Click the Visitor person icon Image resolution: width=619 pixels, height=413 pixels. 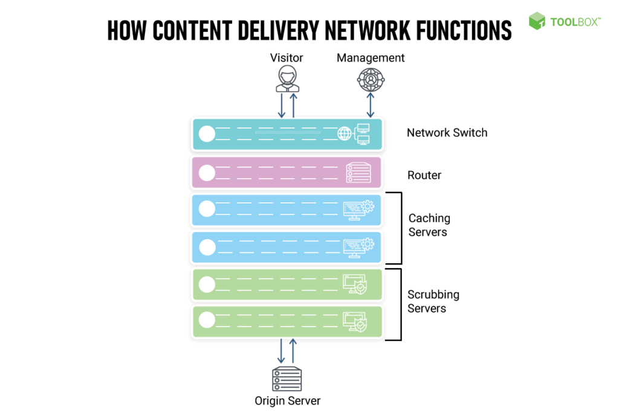click(x=287, y=79)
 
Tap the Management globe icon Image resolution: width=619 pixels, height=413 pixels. click(x=370, y=79)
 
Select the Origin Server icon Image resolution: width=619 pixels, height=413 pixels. click(x=287, y=379)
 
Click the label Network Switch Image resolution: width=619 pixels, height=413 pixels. click(x=447, y=133)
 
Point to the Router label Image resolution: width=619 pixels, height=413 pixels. click(x=424, y=175)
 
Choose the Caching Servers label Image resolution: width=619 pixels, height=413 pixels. click(x=429, y=225)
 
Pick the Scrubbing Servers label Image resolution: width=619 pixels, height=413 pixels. click(x=433, y=301)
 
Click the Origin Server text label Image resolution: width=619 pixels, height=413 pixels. click(x=287, y=400)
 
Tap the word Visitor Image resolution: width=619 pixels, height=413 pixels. click(x=287, y=58)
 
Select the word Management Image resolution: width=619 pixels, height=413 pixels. click(x=371, y=58)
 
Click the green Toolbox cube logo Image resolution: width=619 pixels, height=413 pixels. click(x=537, y=21)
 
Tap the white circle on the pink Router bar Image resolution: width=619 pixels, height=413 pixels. click(x=207, y=173)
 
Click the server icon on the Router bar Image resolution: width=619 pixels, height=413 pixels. click(x=357, y=173)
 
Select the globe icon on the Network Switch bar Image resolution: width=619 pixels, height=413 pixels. click(x=344, y=134)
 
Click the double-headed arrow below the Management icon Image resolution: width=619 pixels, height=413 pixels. click(x=371, y=106)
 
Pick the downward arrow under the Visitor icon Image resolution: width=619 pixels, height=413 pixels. click(x=281, y=106)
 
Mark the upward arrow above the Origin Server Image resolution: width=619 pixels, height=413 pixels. click(x=293, y=351)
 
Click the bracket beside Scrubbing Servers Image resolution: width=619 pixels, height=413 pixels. click(x=400, y=304)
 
